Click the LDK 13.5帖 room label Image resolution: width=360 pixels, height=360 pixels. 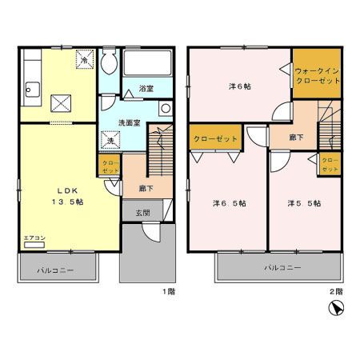(69, 195)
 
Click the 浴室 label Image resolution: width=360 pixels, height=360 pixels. (145, 89)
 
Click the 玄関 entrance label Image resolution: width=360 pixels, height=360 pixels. (142, 212)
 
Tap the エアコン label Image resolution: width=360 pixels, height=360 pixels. (33, 238)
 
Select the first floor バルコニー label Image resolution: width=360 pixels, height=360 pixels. (55, 270)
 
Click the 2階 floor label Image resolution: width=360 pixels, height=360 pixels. (337, 291)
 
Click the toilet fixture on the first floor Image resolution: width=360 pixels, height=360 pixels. (110, 64)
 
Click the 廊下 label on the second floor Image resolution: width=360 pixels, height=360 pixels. (297, 138)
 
